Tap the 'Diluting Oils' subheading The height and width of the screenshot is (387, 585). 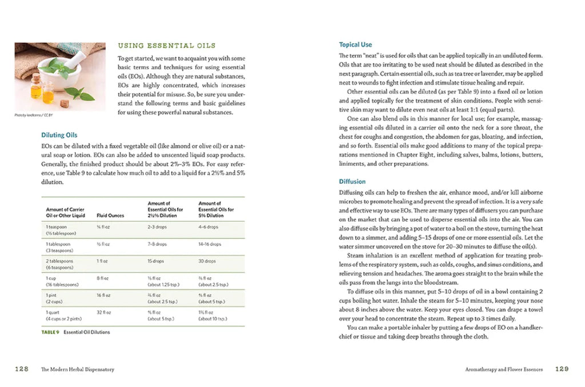(59, 135)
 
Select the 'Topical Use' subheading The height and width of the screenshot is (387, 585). (355, 45)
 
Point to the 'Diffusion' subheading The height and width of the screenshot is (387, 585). (352, 182)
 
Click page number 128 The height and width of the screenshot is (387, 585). (22, 369)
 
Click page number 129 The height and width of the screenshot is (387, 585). (562, 369)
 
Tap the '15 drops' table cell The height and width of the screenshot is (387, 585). (155, 261)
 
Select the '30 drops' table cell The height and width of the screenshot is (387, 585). (207, 261)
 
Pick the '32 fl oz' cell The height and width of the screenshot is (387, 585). (104, 313)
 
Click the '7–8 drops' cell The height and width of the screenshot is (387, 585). (157, 244)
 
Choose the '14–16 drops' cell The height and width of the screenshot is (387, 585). (209, 244)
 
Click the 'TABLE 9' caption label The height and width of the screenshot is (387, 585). (50, 332)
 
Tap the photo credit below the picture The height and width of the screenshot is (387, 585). (31, 115)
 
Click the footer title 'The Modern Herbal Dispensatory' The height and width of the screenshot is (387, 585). (77, 370)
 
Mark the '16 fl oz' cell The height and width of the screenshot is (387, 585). (104, 296)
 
